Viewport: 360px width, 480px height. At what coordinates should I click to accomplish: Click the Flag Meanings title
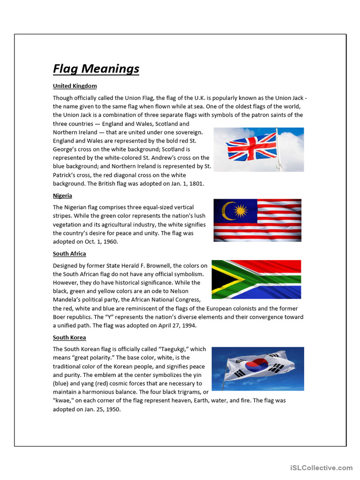tap(96, 69)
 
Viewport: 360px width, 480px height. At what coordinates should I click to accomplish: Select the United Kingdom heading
tap(75, 86)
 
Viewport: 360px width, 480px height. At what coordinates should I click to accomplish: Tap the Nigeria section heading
tap(62, 195)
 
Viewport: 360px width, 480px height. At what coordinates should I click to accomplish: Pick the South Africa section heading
tap(69, 254)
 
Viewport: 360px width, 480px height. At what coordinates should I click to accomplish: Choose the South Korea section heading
tap(69, 337)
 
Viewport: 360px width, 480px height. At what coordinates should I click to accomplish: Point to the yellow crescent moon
tap(227, 210)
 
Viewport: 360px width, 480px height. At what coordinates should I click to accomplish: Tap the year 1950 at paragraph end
tap(113, 409)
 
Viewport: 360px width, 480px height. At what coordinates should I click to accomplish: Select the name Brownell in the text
tap(173, 266)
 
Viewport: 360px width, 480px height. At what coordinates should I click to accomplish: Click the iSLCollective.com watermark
tap(321, 468)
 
